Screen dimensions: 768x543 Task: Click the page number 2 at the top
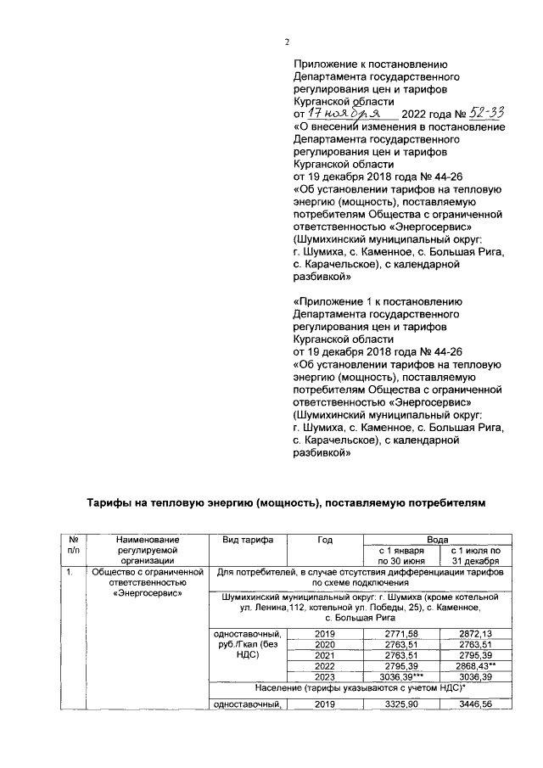click(x=286, y=43)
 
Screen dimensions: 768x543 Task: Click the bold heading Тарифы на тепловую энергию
click(x=287, y=503)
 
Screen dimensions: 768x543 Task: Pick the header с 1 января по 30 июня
click(x=400, y=555)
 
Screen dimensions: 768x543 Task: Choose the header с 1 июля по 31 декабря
click(x=474, y=555)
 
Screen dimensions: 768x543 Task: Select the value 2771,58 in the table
click(x=399, y=634)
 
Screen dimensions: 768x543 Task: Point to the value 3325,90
click(x=399, y=705)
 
